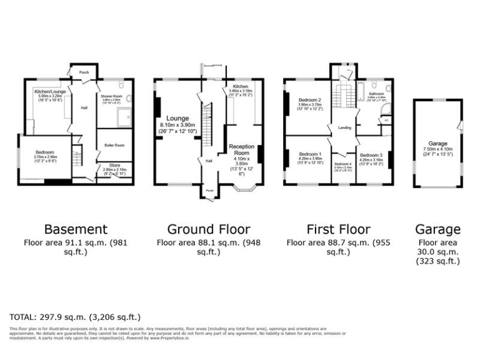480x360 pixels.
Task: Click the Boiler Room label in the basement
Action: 113,145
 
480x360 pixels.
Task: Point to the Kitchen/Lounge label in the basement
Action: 49,91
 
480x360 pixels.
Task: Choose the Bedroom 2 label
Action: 309,100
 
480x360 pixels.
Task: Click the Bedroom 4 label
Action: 343,164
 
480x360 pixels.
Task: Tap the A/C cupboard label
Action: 386,120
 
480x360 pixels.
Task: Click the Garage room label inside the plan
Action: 437,143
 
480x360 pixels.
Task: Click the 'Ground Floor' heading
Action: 208,229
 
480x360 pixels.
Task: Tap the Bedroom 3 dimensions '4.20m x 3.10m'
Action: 371,160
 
